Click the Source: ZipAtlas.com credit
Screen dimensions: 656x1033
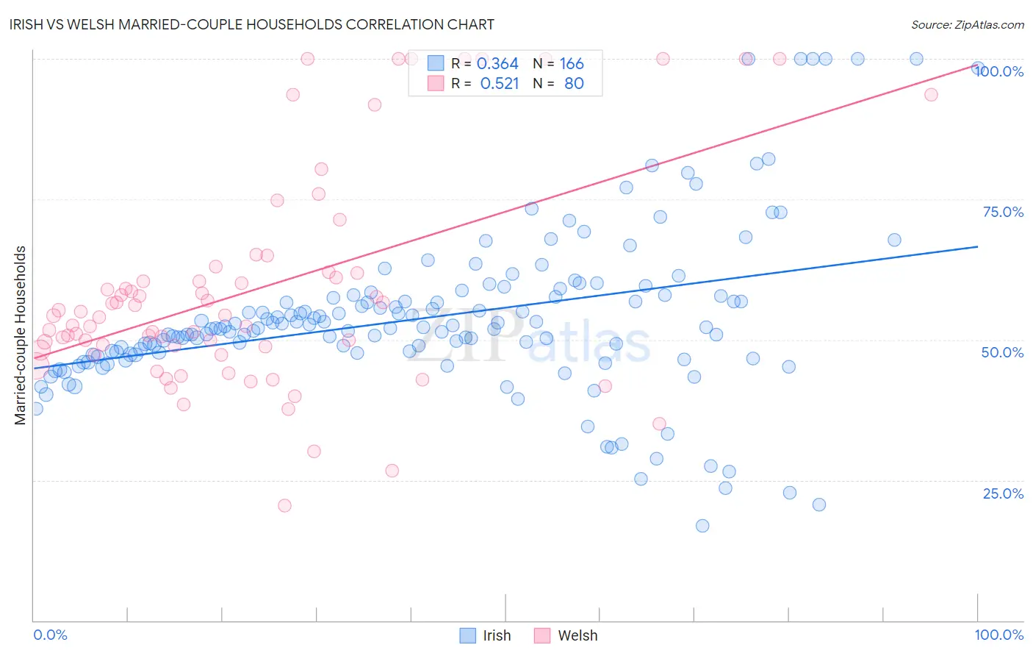967,24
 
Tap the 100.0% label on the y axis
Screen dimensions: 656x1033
999,71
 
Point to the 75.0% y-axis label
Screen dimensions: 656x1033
1003,212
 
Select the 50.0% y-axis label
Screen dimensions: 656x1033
1002,352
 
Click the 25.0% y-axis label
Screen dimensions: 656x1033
1003,493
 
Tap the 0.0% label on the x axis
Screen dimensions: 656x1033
50,635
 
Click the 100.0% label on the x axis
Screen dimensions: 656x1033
998,635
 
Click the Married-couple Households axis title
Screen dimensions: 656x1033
21,335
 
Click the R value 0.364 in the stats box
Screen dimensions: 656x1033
497,64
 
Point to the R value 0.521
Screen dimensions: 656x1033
500,84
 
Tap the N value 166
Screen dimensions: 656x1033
572,64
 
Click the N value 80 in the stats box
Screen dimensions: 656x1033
574,84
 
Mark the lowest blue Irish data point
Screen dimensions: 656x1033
702,526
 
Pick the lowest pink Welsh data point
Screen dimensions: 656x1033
284,505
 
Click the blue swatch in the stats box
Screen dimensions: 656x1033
436,64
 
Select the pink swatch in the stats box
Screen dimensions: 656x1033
436,84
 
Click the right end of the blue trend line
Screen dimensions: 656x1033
977,247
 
